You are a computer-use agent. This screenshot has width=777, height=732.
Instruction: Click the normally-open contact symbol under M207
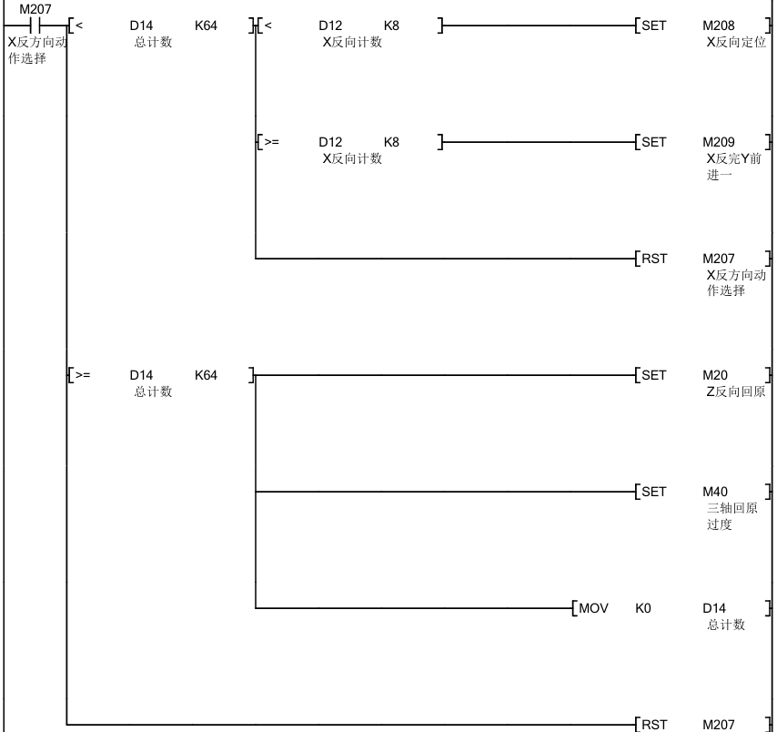tap(30, 25)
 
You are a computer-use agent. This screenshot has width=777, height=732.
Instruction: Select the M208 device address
tap(719, 25)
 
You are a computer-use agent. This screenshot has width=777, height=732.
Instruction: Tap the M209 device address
tap(719, 142)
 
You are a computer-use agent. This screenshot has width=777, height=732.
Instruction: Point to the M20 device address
tap(715, 375)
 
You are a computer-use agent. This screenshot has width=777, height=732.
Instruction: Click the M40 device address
tap(715, 492)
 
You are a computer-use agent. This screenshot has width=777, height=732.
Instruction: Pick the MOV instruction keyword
tap(593, 608)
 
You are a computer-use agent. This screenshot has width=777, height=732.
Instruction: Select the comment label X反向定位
tap(736, 42)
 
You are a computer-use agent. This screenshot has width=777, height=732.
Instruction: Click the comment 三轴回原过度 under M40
tap(732, 516)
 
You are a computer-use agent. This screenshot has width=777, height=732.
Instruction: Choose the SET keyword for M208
tap(654, 25)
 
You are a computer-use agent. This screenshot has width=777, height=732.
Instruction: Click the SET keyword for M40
tap(654, 492)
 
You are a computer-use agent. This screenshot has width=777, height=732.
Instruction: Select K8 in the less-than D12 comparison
tap(391, 25)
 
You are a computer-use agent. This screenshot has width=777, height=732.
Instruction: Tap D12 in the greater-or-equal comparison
tap(330, 142)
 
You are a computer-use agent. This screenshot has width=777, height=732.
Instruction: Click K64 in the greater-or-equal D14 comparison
tap(207, 375)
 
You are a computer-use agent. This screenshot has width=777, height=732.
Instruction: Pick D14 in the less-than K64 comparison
tap(141, 25)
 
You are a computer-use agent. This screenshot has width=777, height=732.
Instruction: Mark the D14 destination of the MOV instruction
tap(715, 608)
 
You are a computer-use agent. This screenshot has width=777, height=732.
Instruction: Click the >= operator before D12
tap(271, 142)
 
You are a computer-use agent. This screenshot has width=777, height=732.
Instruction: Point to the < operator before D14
tap(78, 25)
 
